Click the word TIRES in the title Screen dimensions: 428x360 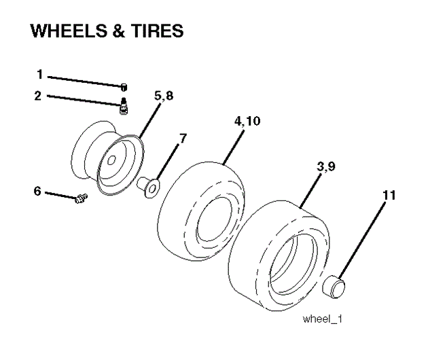tap(157, 31)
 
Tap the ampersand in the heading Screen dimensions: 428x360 tap(119, 31)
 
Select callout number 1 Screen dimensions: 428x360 tap(40, 74)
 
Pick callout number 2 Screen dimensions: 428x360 tap(38, 96)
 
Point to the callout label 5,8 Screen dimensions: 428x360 tap(164, 96)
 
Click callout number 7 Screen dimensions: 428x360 tap(183, 138)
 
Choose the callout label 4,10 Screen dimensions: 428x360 tap(247, 121)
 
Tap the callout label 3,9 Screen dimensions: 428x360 tap(326, 166)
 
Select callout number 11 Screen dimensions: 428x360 tap(389, 196)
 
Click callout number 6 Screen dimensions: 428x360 tap(37, 191)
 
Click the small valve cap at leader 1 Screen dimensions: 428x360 tap(124, 87)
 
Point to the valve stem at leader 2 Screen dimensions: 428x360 tap(124, 107)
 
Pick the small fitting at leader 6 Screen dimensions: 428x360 tap(81, 198)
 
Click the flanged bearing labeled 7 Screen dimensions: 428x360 tap(148, 187)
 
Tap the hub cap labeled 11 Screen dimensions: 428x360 tap(334, 287)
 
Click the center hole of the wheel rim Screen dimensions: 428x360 tap(111, 160)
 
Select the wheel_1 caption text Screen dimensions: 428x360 tap(322, 319)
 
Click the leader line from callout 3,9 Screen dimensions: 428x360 tap(310, 191)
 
